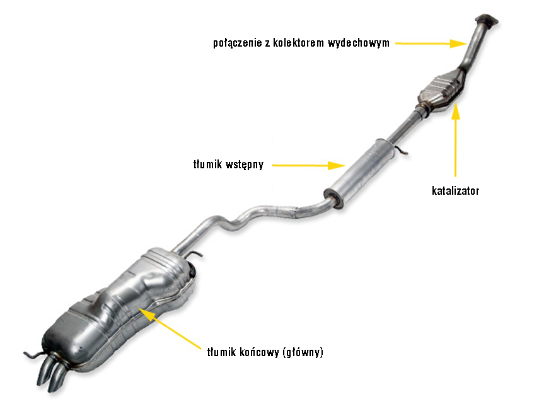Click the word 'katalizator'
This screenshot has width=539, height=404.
pos(455,191)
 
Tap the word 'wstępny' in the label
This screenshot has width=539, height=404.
pos(244,164)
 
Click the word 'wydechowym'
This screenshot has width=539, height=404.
pos(359,43)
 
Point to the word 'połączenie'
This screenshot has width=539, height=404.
pos(237,43)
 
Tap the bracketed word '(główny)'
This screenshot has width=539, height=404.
pos(303,352)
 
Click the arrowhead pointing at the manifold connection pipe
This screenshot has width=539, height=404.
pos(458,43)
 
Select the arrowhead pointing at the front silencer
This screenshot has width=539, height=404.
pos(337,166)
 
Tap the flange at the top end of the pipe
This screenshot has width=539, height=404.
pos(487,20)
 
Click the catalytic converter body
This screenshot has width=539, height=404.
pos(442,90)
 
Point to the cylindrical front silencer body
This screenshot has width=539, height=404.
pos(360,173)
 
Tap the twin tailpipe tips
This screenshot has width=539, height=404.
pos(52,374)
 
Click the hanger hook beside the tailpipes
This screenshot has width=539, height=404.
pos(33,355)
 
